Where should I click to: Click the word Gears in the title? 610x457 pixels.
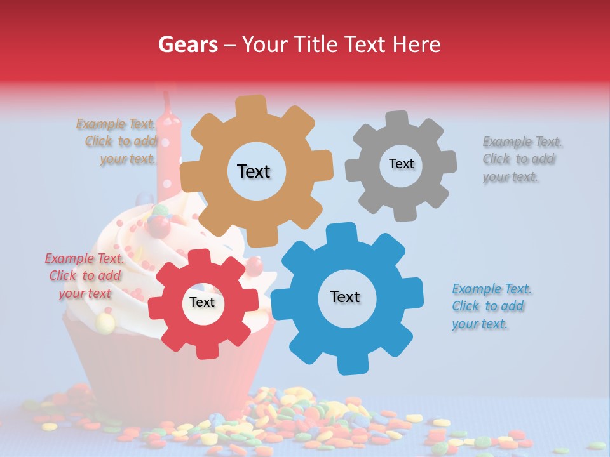point(188,44)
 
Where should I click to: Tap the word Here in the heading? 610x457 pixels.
point(417,44)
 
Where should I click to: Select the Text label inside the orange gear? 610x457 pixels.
point(254,171)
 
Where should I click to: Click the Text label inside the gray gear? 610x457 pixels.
point(401,164)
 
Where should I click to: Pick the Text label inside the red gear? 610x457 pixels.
point(202,302)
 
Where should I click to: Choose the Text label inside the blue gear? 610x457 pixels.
point(345,296)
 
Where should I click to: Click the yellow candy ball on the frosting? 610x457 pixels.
point(105,323)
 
